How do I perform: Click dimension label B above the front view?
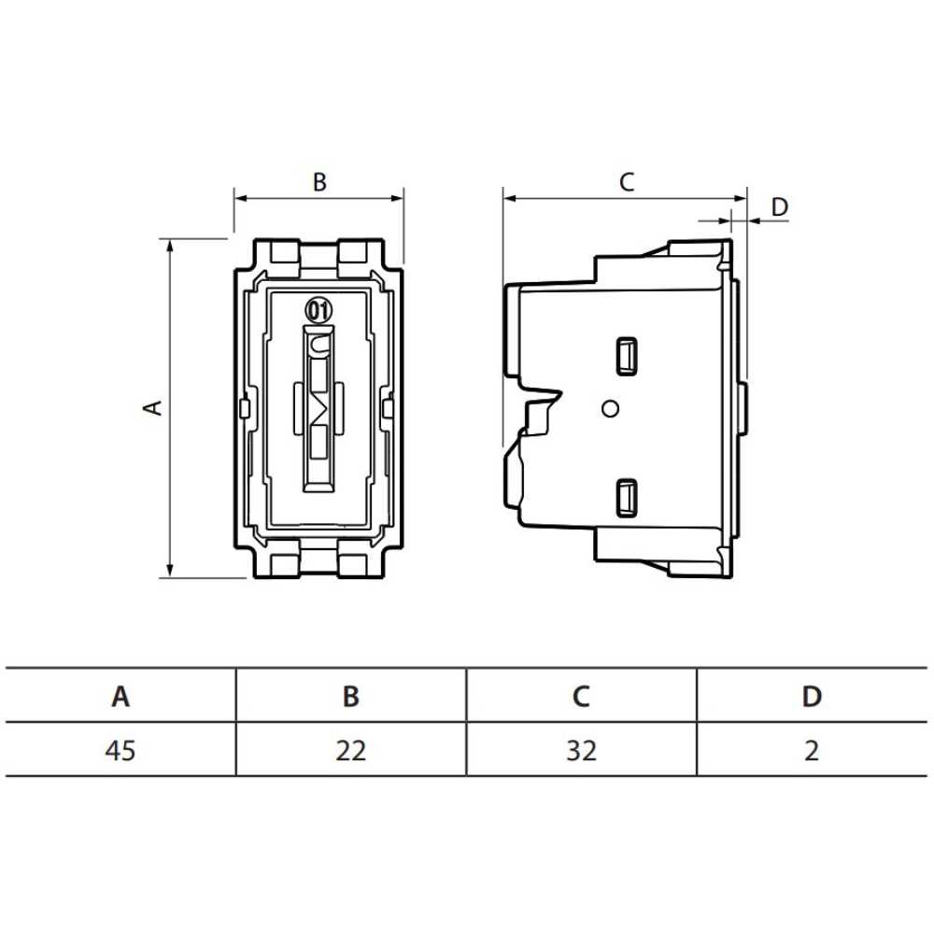click(x=319, y=182)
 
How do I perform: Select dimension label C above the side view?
click(x=627, y=182)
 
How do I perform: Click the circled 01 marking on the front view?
click(x=318, y=309)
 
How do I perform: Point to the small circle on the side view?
click(x=611, y=408)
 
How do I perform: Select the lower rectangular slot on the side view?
click(x=625, y=496)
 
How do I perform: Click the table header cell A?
click(x=120, y=696)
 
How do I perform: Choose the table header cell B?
click(x=351, y=696)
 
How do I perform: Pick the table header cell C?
click(x=581, y=696)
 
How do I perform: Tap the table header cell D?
click(x=812, y=696)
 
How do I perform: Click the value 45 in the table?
click(x=120, y=750)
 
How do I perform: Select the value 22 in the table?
click(x=351, y=750)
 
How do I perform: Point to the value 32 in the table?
click(x=581, y=750)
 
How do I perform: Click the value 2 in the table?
click(x=812, y=750)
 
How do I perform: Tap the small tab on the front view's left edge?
click(x=243, y=408)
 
